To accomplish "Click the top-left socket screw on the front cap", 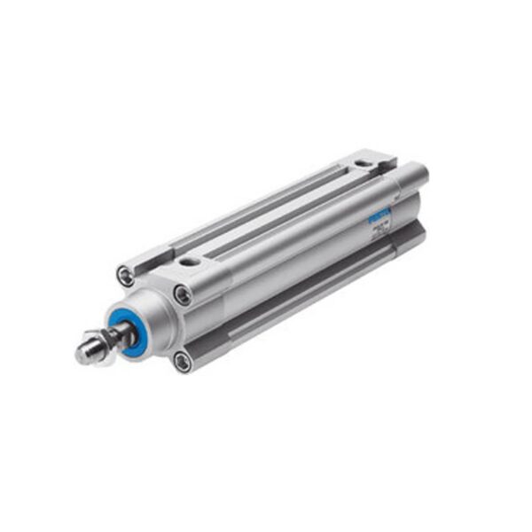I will click(127, 277).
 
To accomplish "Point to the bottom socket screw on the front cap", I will click(182, 359).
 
